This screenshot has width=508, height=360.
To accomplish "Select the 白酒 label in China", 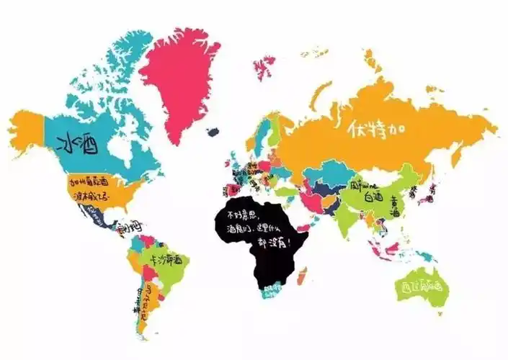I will (373, 196).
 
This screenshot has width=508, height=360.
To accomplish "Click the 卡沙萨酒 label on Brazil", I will (164, 258).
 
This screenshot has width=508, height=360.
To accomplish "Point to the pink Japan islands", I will (432, 189).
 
